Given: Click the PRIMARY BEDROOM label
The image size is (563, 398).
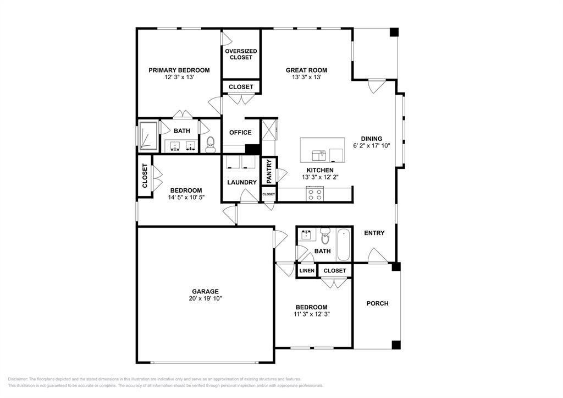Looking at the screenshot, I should pyautogui.click(x=179, y=70).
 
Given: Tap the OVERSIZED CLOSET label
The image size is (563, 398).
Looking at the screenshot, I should pyautogui.click(x=241, y=54).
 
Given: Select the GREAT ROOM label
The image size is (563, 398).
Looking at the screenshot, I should pyautogui.click(x=306, y=70).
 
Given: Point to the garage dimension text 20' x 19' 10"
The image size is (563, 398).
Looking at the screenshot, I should pyautogui.click(x=205, y=298).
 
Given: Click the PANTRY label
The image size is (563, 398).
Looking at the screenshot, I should pyautogui.click(x=269, y=171).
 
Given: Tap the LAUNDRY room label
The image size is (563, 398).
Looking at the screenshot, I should pyautogui.click(x=241, y=182).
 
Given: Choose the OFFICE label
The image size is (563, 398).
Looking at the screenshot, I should pyautogui.click(x=240, y=133).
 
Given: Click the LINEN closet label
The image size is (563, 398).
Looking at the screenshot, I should pyautogui.click(x=307, y=271).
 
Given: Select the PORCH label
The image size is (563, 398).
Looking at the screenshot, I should pyautogui.click(x=377, y=303).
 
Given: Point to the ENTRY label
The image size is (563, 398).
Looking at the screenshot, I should pyautogui.click(x=374, y=233).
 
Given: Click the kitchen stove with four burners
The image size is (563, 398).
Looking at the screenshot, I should pyautogui.click(x=314, y=194).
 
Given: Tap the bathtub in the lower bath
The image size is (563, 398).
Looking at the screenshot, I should pyautogui.click(x=344, y=245).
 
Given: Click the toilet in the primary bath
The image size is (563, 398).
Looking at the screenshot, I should pyautogui.click(x=210, y=144).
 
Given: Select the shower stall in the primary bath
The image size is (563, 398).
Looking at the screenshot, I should pyautogui.click(x=147, y=135).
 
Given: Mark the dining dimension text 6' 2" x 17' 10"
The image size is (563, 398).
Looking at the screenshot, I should pyautogui.click(x=371, y=146).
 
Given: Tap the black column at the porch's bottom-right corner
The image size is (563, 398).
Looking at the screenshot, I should pyautogui.click(x=396, y=345).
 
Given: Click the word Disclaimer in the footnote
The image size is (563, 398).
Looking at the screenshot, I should pyautogui.click(x=18, y=379).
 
